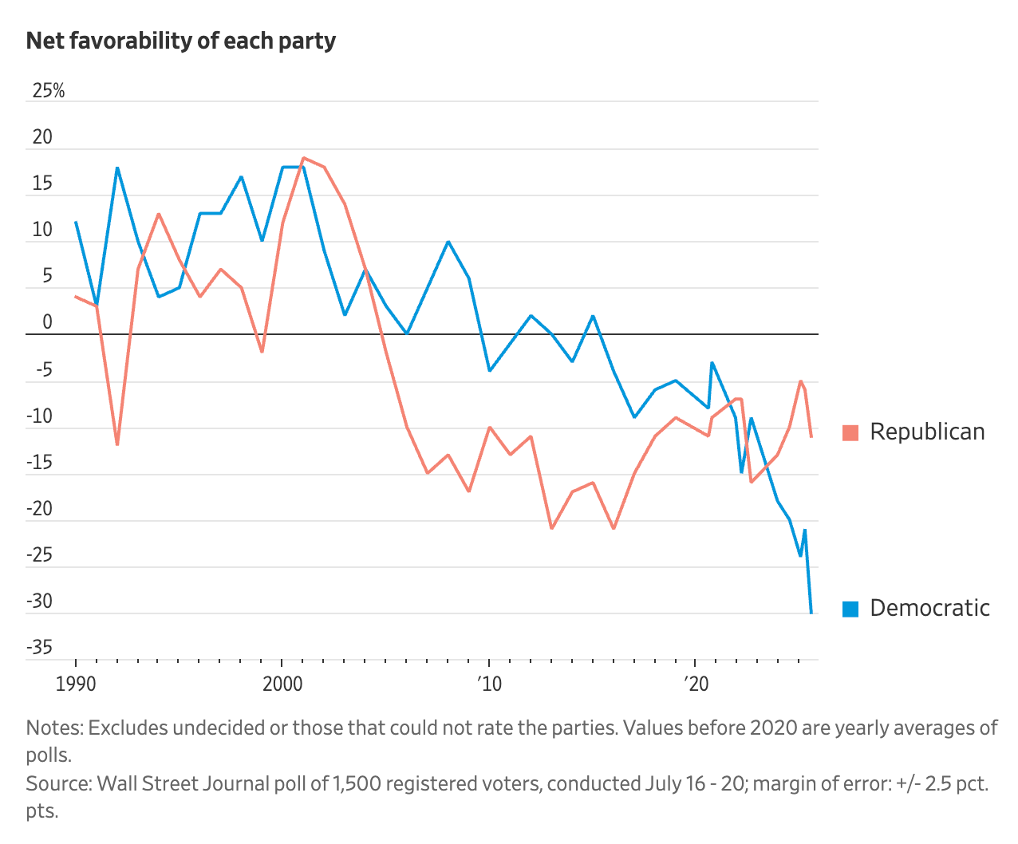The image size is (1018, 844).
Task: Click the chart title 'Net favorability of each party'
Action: point(181,41)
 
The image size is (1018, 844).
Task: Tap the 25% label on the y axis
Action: point(48,91)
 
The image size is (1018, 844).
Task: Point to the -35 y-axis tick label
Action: point(40,647)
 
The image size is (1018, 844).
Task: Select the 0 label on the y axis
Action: point(48,322)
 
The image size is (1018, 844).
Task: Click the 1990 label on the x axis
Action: point(77,684)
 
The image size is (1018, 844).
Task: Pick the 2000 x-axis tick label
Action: point(282,684)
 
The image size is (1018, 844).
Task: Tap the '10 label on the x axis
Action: point(489,684)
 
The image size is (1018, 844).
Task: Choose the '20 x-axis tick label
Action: point(696,684)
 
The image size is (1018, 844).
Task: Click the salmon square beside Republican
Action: point(850,432)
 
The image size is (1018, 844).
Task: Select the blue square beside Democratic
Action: point(850,609)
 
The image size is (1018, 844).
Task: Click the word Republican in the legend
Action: point(927,432)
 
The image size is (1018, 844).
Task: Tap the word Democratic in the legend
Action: point(929,608)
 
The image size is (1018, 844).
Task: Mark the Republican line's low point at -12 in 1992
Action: point(117,444)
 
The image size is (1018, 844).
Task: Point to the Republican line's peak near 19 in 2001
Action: point(303,158)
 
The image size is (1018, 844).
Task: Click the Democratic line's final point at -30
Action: point(811,613)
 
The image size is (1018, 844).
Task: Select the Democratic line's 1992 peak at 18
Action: point(117,168)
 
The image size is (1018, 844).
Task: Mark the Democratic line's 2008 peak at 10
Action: point(448,242)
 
